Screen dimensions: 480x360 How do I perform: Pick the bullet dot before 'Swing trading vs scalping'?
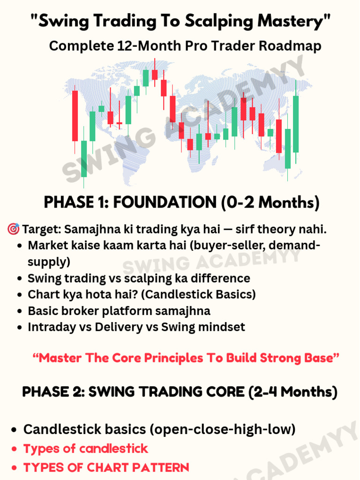coord(19,279)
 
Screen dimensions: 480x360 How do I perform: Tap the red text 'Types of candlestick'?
coord(86,449)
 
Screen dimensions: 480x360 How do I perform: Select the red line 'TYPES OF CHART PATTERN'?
coord(106,467)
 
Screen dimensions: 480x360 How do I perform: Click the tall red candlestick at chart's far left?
coord(75,116)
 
